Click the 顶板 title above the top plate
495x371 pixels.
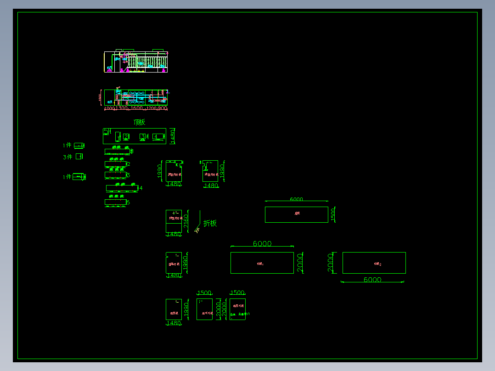tap(139, 122)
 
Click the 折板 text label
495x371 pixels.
tap(210, 223)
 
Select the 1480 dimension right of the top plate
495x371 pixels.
tap(173, 136)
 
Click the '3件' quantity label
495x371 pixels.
tap(67, 157)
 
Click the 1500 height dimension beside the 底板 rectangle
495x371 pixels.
tap(333, 214)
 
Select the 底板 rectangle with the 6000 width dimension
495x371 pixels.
tap(296, 214)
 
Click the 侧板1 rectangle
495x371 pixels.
tap(262, 263)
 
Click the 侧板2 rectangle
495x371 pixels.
tap(374, 263)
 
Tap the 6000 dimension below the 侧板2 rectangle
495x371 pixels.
tap(372, 280)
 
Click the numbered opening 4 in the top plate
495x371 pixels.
tap(156, 136)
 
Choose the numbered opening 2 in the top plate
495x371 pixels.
tap(125, 136)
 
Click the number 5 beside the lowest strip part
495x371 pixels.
tap(129, 202)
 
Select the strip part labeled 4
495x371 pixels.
tap(121, 188)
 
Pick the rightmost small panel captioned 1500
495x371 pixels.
tap(237, 309)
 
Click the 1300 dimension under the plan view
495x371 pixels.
tap(121, 108)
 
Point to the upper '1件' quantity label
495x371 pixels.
tap(67, 146)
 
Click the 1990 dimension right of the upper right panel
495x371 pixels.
tap(222, 171)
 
